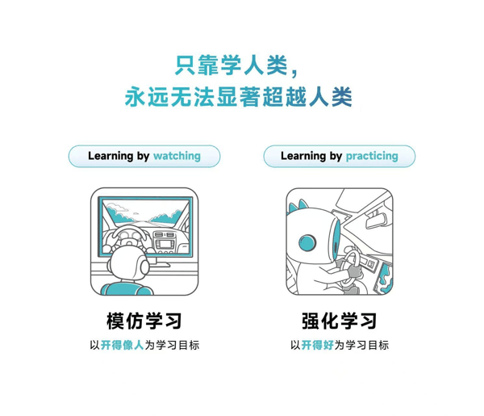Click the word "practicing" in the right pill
[372, 156]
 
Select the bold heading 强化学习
[339, 320]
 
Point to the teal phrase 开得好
[318, 346]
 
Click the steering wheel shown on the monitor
[129, 236]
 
